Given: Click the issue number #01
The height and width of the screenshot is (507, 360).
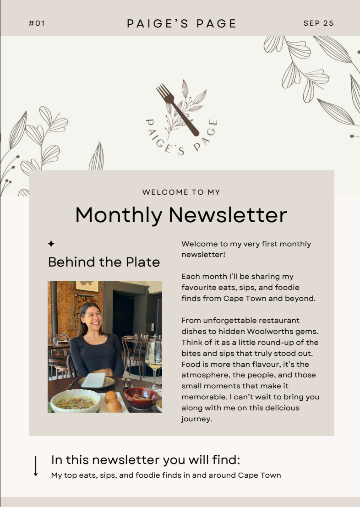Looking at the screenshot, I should tap(37, 23).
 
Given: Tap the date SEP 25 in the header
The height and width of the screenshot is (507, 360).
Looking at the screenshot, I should tap(318, 23).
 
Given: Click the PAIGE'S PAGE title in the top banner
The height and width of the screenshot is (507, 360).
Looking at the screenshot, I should tap(181, 24).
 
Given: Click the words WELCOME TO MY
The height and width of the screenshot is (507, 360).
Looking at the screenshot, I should tap(181, 192).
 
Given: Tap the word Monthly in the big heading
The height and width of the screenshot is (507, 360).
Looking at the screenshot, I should tap(119, 215).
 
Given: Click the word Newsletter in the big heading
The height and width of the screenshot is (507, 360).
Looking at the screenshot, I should tap(228, 215).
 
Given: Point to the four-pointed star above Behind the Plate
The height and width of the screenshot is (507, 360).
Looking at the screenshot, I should tap(51, 244).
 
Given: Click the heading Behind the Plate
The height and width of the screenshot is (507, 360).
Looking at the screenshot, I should tap(104, 262).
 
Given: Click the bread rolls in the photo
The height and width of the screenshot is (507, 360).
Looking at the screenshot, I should tap(113, 401).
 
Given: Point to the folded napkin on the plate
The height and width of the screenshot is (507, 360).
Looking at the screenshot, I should tap(93, 380).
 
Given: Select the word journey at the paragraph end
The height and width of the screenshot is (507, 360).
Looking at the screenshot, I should tap(196, 419).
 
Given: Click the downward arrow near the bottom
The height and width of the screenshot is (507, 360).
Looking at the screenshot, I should tap(36, 466).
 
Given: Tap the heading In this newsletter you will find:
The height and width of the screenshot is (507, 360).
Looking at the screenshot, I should tap(146, 460).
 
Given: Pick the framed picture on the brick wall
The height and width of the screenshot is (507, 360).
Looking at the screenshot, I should tap(87, 286).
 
